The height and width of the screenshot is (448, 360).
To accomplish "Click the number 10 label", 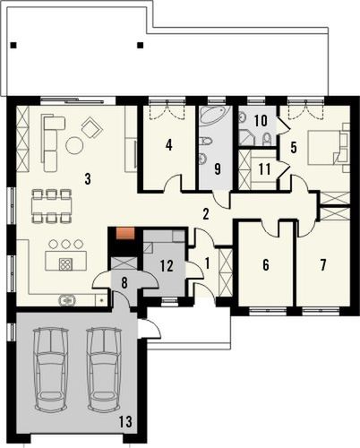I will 260,118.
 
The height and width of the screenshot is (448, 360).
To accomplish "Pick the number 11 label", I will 263,167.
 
